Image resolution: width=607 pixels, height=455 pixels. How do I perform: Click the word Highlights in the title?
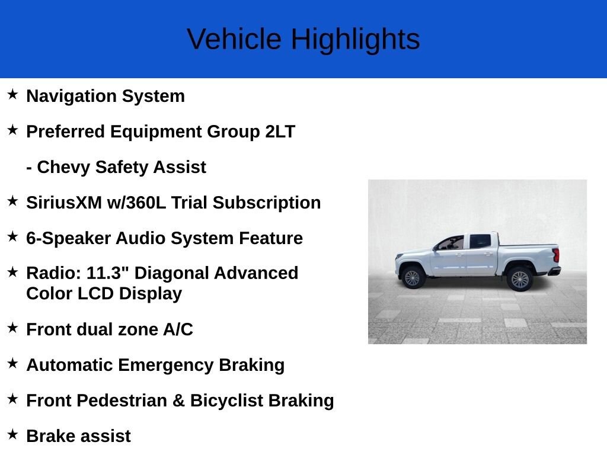pos(355,40)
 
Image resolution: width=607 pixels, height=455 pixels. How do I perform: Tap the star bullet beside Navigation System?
pos(12,94)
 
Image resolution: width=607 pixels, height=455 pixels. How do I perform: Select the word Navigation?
pos(71,97)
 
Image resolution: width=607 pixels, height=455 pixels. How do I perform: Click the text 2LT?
pos(280,132)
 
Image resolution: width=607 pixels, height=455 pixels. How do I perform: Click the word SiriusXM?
pos(64,203)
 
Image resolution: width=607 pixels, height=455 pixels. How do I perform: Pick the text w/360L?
pos(136,203)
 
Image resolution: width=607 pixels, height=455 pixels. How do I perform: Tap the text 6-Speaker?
pos(68,238)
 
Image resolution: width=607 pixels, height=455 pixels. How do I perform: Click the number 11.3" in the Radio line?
pos(108,273)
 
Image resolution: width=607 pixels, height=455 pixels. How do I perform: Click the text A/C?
pos(178,329)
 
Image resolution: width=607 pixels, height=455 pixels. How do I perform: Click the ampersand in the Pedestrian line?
pos(178,401)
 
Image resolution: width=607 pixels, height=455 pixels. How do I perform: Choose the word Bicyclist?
pos(226,401)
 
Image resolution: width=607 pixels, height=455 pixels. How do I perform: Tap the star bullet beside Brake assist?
pos(12,434)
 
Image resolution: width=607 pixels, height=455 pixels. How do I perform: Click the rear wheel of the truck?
pos(519,279)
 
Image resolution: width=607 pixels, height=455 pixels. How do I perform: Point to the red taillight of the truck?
pos(556,255)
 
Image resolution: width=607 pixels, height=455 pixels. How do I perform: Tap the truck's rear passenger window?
pos(480,242)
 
